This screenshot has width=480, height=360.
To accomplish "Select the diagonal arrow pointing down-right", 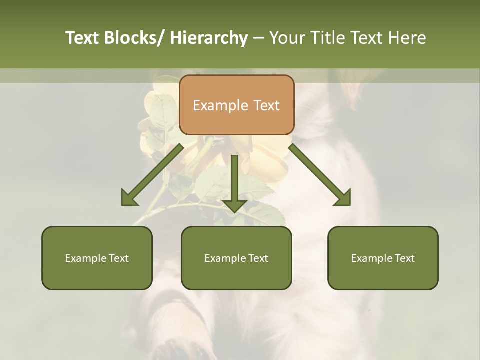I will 320,175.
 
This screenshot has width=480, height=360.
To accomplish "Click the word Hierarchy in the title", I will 208,38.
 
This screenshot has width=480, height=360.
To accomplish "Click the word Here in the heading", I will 407,38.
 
